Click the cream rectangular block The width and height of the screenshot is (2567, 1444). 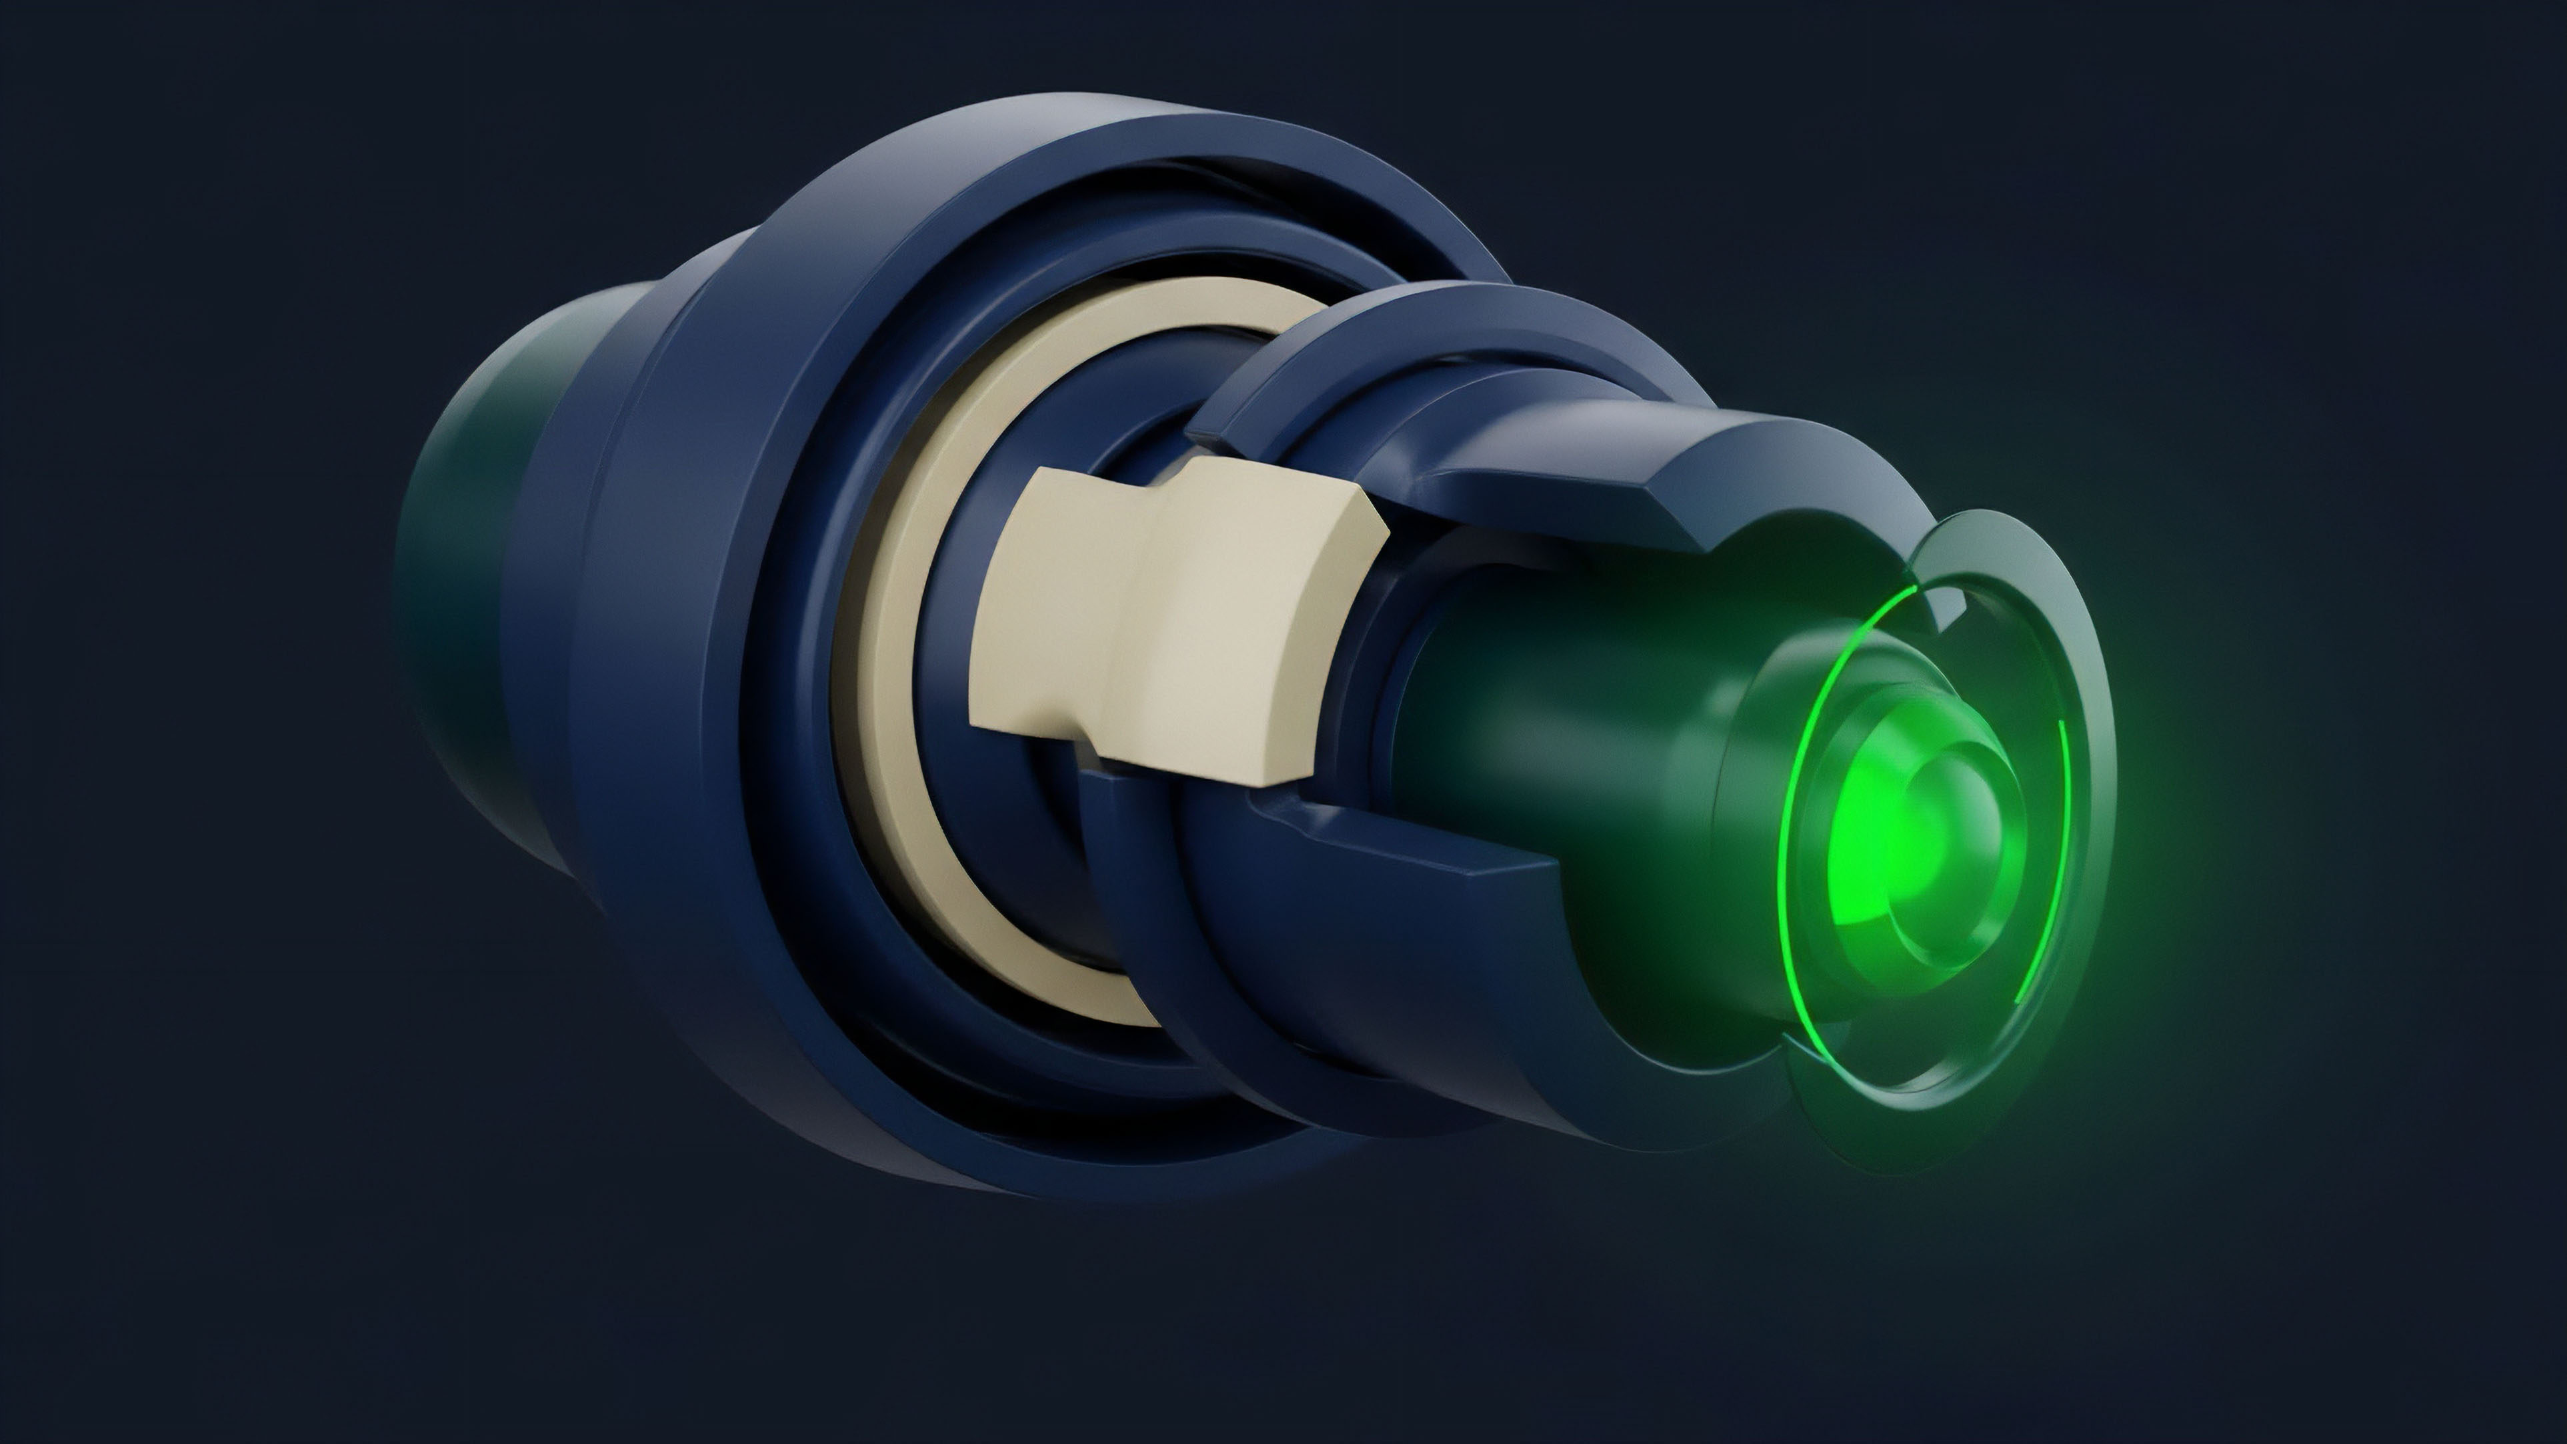click(x=1176, y=618)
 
